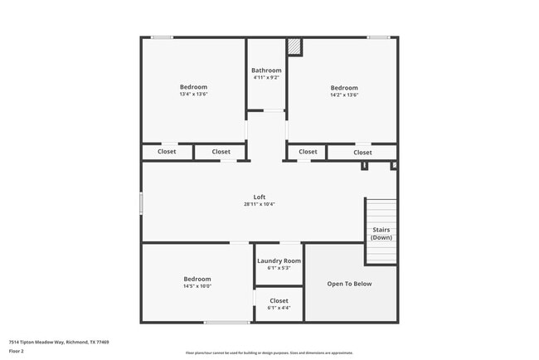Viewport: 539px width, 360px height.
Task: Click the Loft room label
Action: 260,197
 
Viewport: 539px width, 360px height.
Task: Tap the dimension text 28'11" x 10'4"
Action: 260,204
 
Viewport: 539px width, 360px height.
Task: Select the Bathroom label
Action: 266,71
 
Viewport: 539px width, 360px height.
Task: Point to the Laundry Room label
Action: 279,260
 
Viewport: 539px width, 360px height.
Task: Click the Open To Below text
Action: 349,284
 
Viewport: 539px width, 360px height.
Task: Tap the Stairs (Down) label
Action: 381,234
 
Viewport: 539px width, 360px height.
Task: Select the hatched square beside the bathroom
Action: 294,47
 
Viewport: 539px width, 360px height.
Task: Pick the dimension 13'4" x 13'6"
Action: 193,95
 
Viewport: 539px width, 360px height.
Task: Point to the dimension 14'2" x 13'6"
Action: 344,95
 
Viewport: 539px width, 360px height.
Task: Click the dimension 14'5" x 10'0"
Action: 197,286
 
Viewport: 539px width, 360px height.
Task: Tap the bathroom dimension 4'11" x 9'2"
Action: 266,78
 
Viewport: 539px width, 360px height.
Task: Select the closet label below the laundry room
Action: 279,300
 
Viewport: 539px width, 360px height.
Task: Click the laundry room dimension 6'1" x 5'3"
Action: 279,268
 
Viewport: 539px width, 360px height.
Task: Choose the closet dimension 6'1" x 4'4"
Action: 279,308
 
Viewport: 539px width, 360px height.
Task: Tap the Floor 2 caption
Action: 17,351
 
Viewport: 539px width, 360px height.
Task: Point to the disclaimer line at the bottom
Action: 269,353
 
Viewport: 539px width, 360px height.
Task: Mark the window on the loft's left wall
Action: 141,204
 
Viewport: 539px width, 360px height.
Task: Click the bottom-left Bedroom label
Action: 197,279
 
